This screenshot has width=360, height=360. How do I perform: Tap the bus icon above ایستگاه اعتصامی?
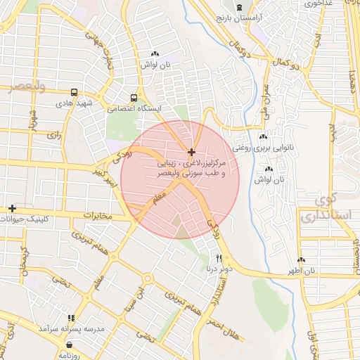pos(134,98)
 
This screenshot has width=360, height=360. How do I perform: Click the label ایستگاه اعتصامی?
pos(134,109)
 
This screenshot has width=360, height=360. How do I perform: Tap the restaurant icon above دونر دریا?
pos(219,258)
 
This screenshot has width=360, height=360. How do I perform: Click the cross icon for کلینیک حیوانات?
pos(12,208)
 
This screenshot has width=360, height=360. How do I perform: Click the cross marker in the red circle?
pos(191,152)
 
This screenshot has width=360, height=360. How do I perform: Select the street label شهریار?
pos(32,121)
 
